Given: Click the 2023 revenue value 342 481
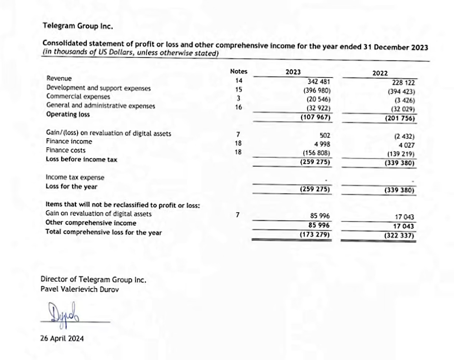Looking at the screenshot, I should pyautogui.click(x=318, y=82).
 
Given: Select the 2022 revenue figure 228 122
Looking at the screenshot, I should pyautogui.click(x=403, y=83).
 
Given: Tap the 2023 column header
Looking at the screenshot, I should pyautogui.click(x=293, y=72).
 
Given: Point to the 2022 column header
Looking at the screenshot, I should pyautogui.click(x=380, y=73).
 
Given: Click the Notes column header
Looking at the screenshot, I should pyautogui.click(x=238, y=71).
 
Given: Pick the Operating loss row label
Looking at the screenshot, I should pyautogui.click(x=68, y=114).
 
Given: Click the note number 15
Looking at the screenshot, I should pyautogui.click(x=238, y=89).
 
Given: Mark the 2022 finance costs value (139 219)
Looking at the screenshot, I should pyautogui.click(x=400, y=154).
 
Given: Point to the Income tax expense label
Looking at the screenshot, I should pyautogui.click(x=75, y=177).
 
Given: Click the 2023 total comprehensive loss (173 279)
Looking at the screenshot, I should pyautogui.click(x=315, y=235).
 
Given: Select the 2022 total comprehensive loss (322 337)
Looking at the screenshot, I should pyautogui.click(x=400, y=236).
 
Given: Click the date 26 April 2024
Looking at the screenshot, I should pyautogui.click(x=62, y=338).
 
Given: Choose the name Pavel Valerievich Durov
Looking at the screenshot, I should pyautogui.click(x=79, y=289).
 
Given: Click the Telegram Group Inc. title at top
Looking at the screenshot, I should pyautogui.click(x=78, y=26).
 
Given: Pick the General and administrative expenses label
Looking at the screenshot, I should pyautogui.click(x=100, y=106).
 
